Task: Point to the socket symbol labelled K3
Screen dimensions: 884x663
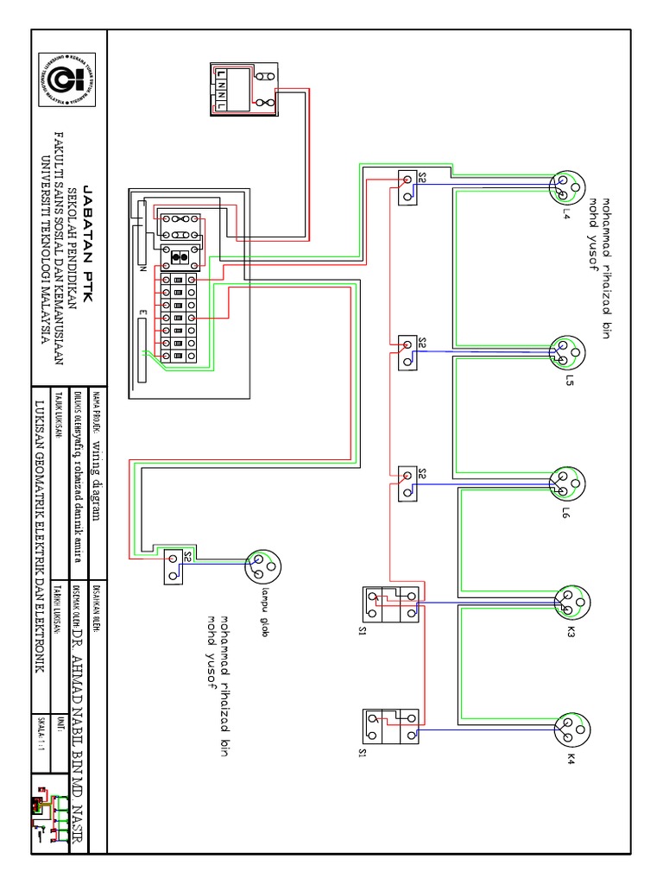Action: [570, 602]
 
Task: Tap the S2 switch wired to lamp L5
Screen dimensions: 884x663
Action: [408, 353]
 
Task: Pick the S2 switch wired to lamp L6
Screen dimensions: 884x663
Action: [408, 483]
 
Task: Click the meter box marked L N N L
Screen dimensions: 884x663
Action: [246, 89]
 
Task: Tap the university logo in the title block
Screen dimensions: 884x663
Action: [68, 79]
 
